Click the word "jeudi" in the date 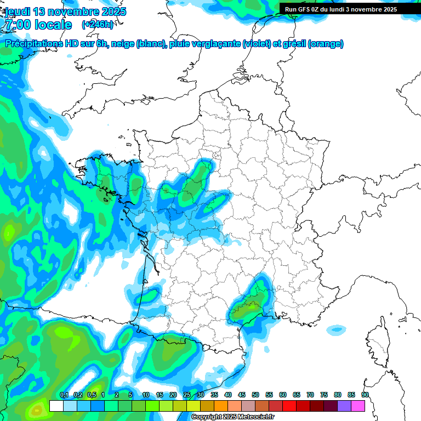(17, 12)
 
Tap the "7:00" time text (16, 25)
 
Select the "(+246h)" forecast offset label (97, 24)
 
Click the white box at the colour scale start (56, 406)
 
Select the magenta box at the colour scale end (358, 406)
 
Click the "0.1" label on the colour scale (64, 395)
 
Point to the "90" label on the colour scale (365, 395)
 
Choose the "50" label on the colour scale (255, 395)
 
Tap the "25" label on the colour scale (187, 395)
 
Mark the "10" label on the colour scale (146, 395)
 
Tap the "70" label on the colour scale (310, 395)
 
